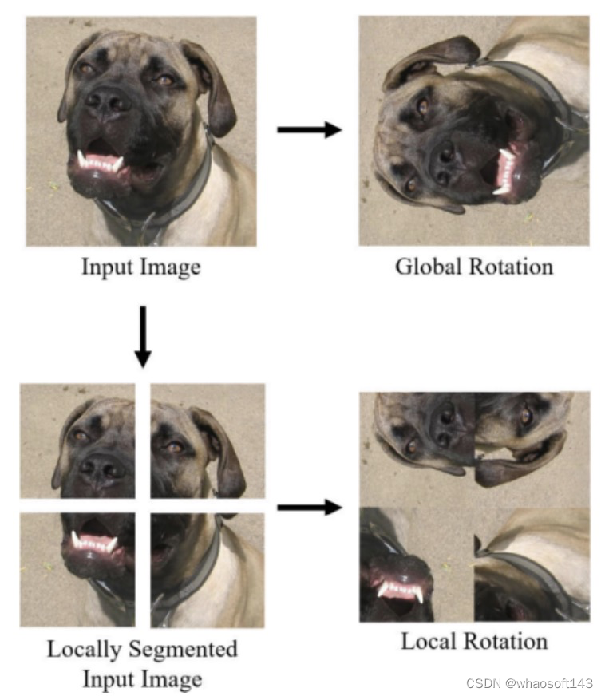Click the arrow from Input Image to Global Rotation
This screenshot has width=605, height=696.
point(308,130)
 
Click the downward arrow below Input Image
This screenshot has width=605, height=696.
point(143,335)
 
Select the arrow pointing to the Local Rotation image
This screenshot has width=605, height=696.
point(308,507)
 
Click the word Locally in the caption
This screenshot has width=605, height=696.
point(85,649)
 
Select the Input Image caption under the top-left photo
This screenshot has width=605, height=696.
point(140,266)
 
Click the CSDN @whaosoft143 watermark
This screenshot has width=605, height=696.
point(529,683)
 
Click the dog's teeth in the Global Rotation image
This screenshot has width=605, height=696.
point(505,170)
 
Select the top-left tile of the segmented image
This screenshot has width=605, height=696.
point(77,441)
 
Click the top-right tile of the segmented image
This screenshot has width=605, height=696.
point(207,441)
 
